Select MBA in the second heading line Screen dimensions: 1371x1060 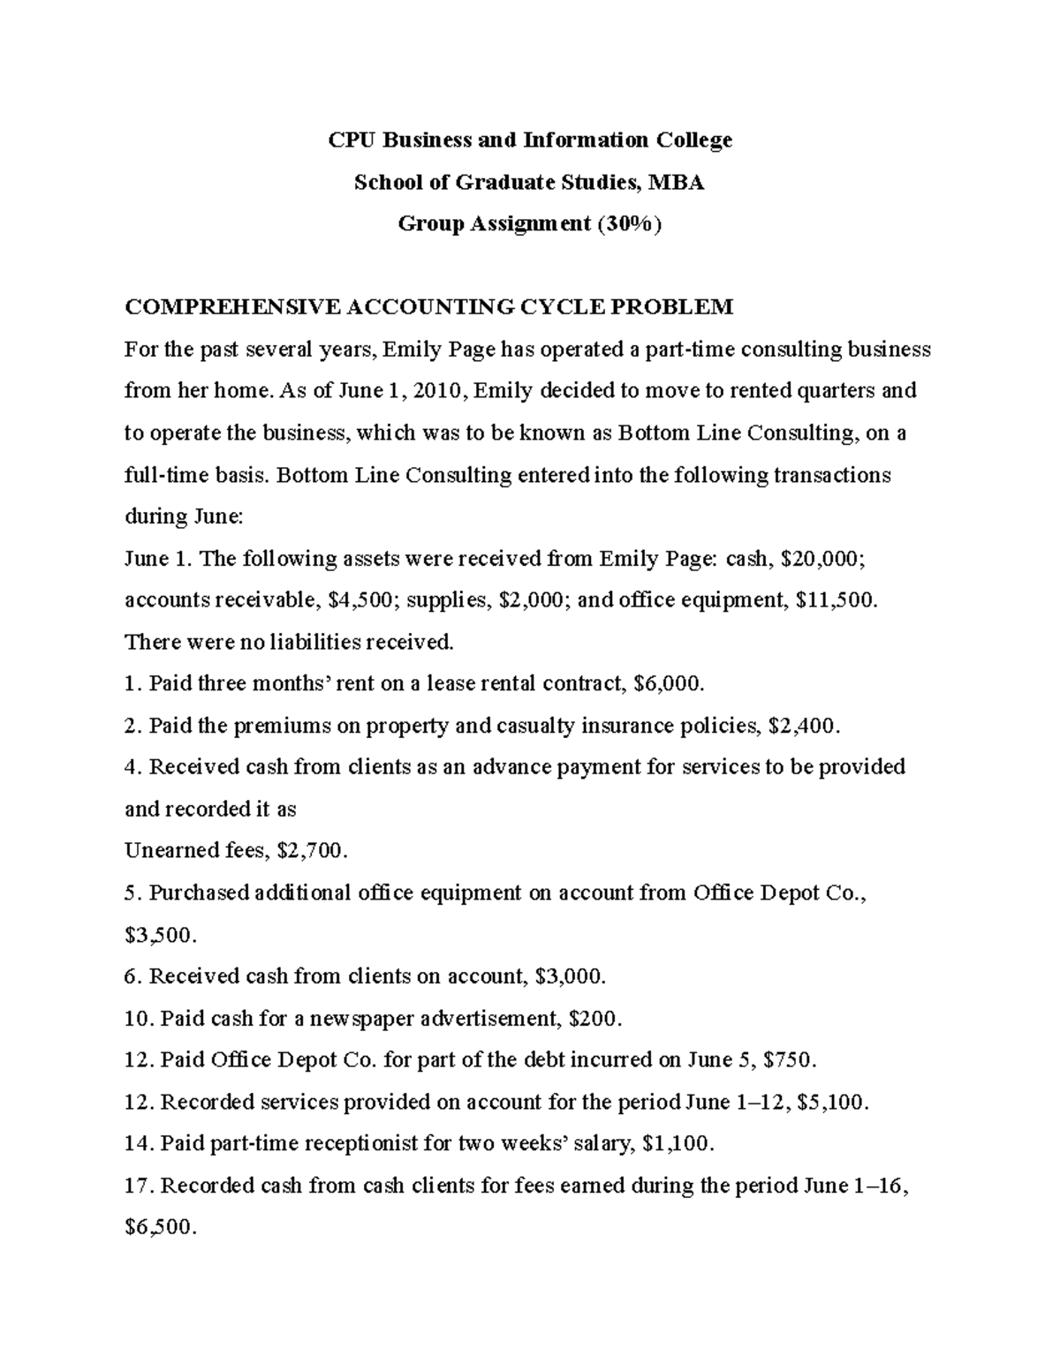tap(676, 182)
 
